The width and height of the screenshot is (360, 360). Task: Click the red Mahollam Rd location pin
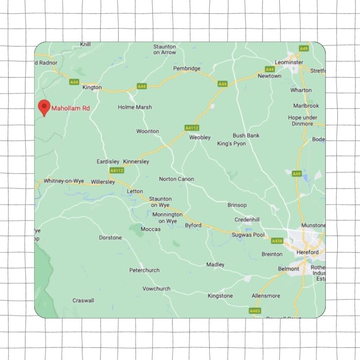[45, 107]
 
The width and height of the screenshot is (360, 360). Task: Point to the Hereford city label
[308, 252]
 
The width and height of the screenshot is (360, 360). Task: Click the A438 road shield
[277, 241]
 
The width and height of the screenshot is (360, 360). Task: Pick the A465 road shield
[255, 311]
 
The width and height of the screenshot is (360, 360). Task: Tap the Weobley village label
[200, 137]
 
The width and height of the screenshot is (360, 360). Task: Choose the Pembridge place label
[187, 68]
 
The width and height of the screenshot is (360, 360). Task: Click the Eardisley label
[108, 161]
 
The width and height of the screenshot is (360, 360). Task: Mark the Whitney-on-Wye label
[64, 181]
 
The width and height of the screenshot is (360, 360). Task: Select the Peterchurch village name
[144, 270]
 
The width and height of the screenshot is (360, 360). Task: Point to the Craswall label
[83, 300]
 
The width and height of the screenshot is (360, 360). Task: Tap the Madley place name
[215, 265]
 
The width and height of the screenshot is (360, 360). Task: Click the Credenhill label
[247, 219]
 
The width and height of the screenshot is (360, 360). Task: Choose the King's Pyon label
[231, 143]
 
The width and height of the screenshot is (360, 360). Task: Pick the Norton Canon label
[177, 179]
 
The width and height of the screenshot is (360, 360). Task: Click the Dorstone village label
[110, 237]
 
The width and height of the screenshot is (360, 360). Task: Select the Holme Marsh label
[135, 107]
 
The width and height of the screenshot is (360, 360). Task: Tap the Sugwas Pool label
[248, 235]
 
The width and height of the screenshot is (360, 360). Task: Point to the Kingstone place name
[220, 296]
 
